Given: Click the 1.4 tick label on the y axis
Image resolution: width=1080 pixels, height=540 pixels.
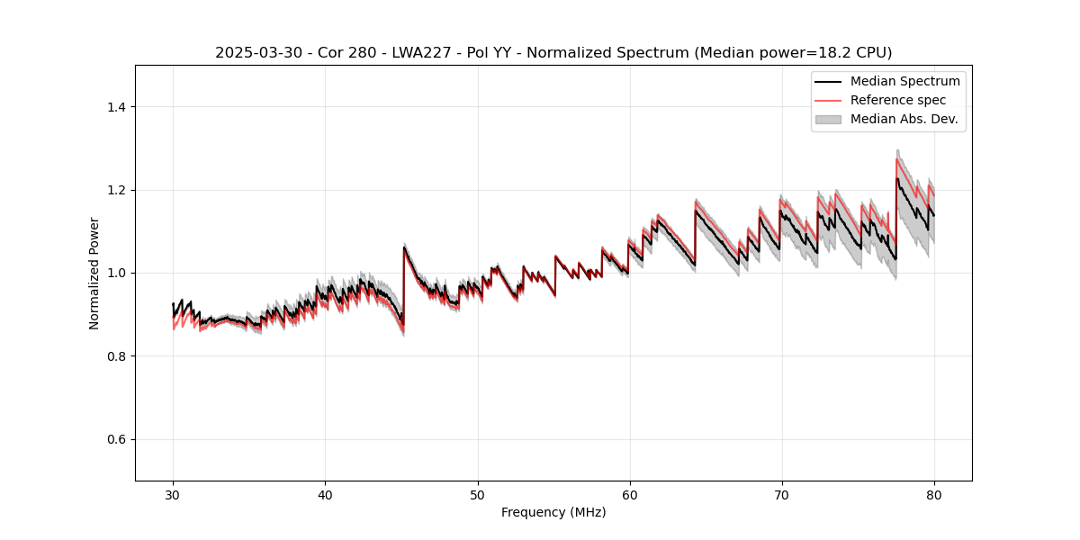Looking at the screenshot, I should [x=115, y=107].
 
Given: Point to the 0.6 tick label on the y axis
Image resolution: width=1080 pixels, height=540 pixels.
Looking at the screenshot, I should [x=115, y=439].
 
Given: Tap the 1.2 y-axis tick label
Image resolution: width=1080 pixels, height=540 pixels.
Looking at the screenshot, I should [x=115, y=190].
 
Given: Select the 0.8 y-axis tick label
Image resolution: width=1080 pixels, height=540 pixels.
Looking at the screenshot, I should [x=115, y=356].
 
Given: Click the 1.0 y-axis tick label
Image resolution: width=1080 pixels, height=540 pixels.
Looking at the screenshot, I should [x=115, y=273].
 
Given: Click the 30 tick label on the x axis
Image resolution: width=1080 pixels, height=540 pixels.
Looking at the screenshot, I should [x=173, y=495].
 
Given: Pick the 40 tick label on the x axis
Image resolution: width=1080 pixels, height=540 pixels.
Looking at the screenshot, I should [x=325, y=495].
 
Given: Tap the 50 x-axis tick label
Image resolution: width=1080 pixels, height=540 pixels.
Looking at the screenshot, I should [x=477, y=495].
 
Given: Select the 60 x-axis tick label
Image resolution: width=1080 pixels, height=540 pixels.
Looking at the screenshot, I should [x=629, y=495].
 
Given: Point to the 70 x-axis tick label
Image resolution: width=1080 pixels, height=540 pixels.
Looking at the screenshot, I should [x=781, y=495].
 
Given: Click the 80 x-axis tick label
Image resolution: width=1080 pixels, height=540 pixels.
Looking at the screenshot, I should [x=933, y=495].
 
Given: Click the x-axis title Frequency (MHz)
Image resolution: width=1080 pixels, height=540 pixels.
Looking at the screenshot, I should [x=553, y=512].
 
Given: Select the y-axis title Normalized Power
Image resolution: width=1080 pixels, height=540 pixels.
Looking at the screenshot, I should [x=94, y=273].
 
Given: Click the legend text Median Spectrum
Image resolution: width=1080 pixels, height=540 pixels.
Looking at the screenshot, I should [x=904, y=81].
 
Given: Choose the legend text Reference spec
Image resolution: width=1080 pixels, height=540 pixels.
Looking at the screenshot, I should [x=898, y=100].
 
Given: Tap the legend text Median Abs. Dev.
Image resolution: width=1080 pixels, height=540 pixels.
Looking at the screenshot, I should [x=904, y=119].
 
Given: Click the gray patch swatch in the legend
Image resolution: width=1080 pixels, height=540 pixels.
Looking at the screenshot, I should [x=828, y=119].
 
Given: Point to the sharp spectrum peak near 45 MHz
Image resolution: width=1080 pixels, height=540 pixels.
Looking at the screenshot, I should [x=404, y=247].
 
